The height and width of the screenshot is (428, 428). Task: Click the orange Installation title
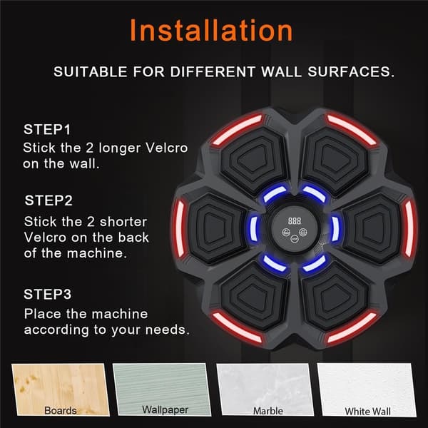pyautogui.click(x=211, y=31)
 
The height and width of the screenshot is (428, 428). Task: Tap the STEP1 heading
pyautogui.click(x=47, y=129)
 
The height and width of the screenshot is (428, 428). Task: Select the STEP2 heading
pyautogui.click(x=49, y=200)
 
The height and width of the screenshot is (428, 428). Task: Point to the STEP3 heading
pyautogui.click(x=48, y=294)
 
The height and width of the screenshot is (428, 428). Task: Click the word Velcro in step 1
pyautogui.click(x=166, y=148)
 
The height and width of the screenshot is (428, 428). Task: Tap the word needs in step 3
pyautogui.click(x=167, y=330)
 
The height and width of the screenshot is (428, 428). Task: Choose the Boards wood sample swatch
pyautogui.click(x=61, y=389)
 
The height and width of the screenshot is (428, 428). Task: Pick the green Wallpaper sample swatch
pyautogui.click(x=162, y=389)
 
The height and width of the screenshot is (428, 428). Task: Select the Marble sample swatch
pyautogui.click(x=265, y=389)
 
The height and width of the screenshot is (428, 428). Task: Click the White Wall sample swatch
pyautogui.click(x=367, y=389)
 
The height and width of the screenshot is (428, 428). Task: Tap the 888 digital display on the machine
pyautogui.click(x=295, y=221)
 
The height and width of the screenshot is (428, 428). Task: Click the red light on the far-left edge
pyautogui.click(x=180, y=228)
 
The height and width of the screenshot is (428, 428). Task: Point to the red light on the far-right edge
pyautogui.click(x=409, y=228)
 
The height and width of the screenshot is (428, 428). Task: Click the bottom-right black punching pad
pyautogui.click(x=335, y=297)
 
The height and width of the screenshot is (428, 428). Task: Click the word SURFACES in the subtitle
pyautogui.click(x=351, y=72)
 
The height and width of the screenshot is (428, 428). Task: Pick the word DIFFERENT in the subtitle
pyautogui.click(x=213, y=72)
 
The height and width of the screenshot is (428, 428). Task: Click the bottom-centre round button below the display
pyautogui.click(x=295, y=239)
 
